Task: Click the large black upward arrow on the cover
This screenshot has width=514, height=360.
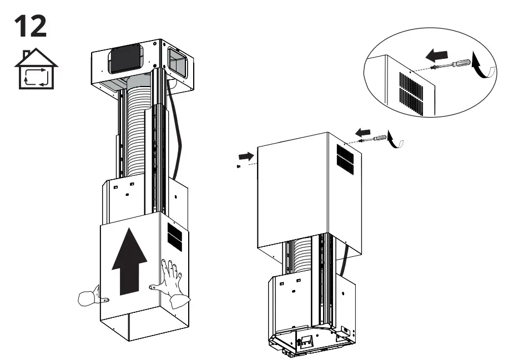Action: point(130,263)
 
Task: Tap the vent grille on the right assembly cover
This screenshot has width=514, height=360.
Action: point(344,158)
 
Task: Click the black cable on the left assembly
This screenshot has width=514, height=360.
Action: point(179,133)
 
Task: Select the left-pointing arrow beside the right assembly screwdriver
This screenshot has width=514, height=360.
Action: point(362,132)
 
